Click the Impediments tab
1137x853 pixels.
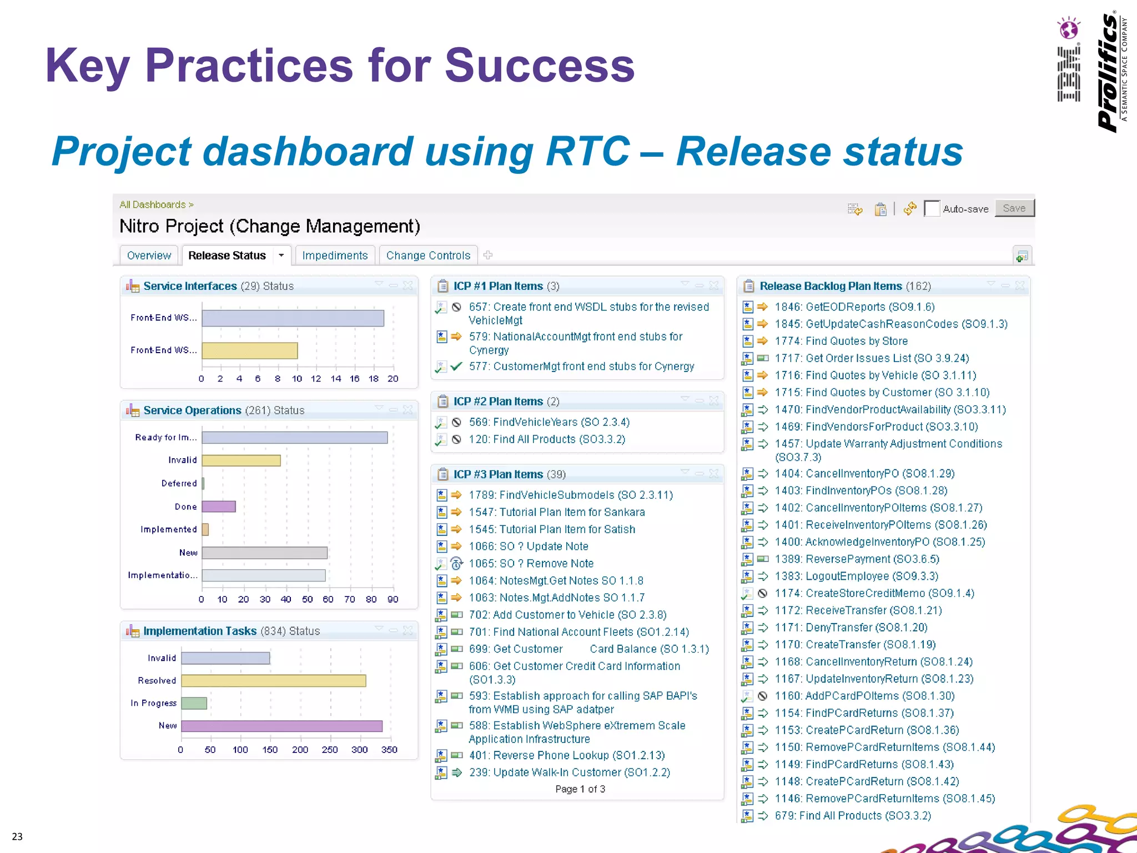click(335, 255)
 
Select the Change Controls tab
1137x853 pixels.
click(428, 255)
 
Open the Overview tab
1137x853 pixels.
click(149, 255)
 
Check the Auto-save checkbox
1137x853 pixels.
click(932, 209)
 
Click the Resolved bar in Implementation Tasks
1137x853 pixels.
click(273, 681)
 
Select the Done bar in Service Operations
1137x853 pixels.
click(219, 506)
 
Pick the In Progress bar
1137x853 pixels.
click(194, 703)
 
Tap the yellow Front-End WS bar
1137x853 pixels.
click(249, 350)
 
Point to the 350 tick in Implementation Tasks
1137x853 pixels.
click(389, 750)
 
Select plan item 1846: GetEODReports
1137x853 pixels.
click(854, 307)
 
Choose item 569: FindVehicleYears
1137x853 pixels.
click(549, 422)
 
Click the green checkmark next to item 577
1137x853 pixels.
click(456, 367)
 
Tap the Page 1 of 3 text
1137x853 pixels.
click(580, 789)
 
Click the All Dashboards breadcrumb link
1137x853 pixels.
click(153, 205)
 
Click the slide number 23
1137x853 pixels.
click(17, 836)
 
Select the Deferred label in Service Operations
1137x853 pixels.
click(179, 484)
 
